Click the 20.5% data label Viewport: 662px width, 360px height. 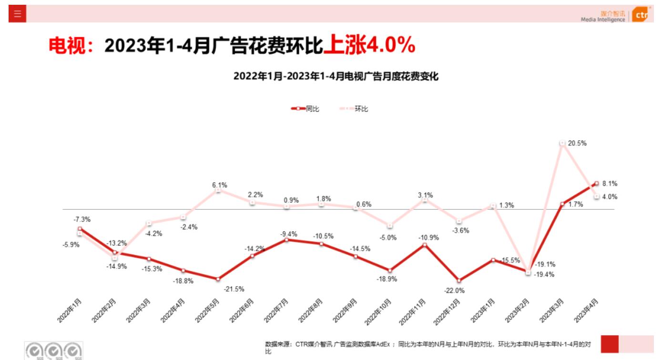[x=578, y=143]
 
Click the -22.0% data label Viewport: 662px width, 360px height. [x=455, y=290]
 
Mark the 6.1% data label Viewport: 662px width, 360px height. [x=220, y=185]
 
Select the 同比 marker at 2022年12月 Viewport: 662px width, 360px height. [x=459, y=280]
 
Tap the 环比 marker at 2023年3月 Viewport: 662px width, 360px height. [x=562, y=143]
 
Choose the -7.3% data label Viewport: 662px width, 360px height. [x=82, y=219]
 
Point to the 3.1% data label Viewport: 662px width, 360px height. [x=426, y=195]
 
